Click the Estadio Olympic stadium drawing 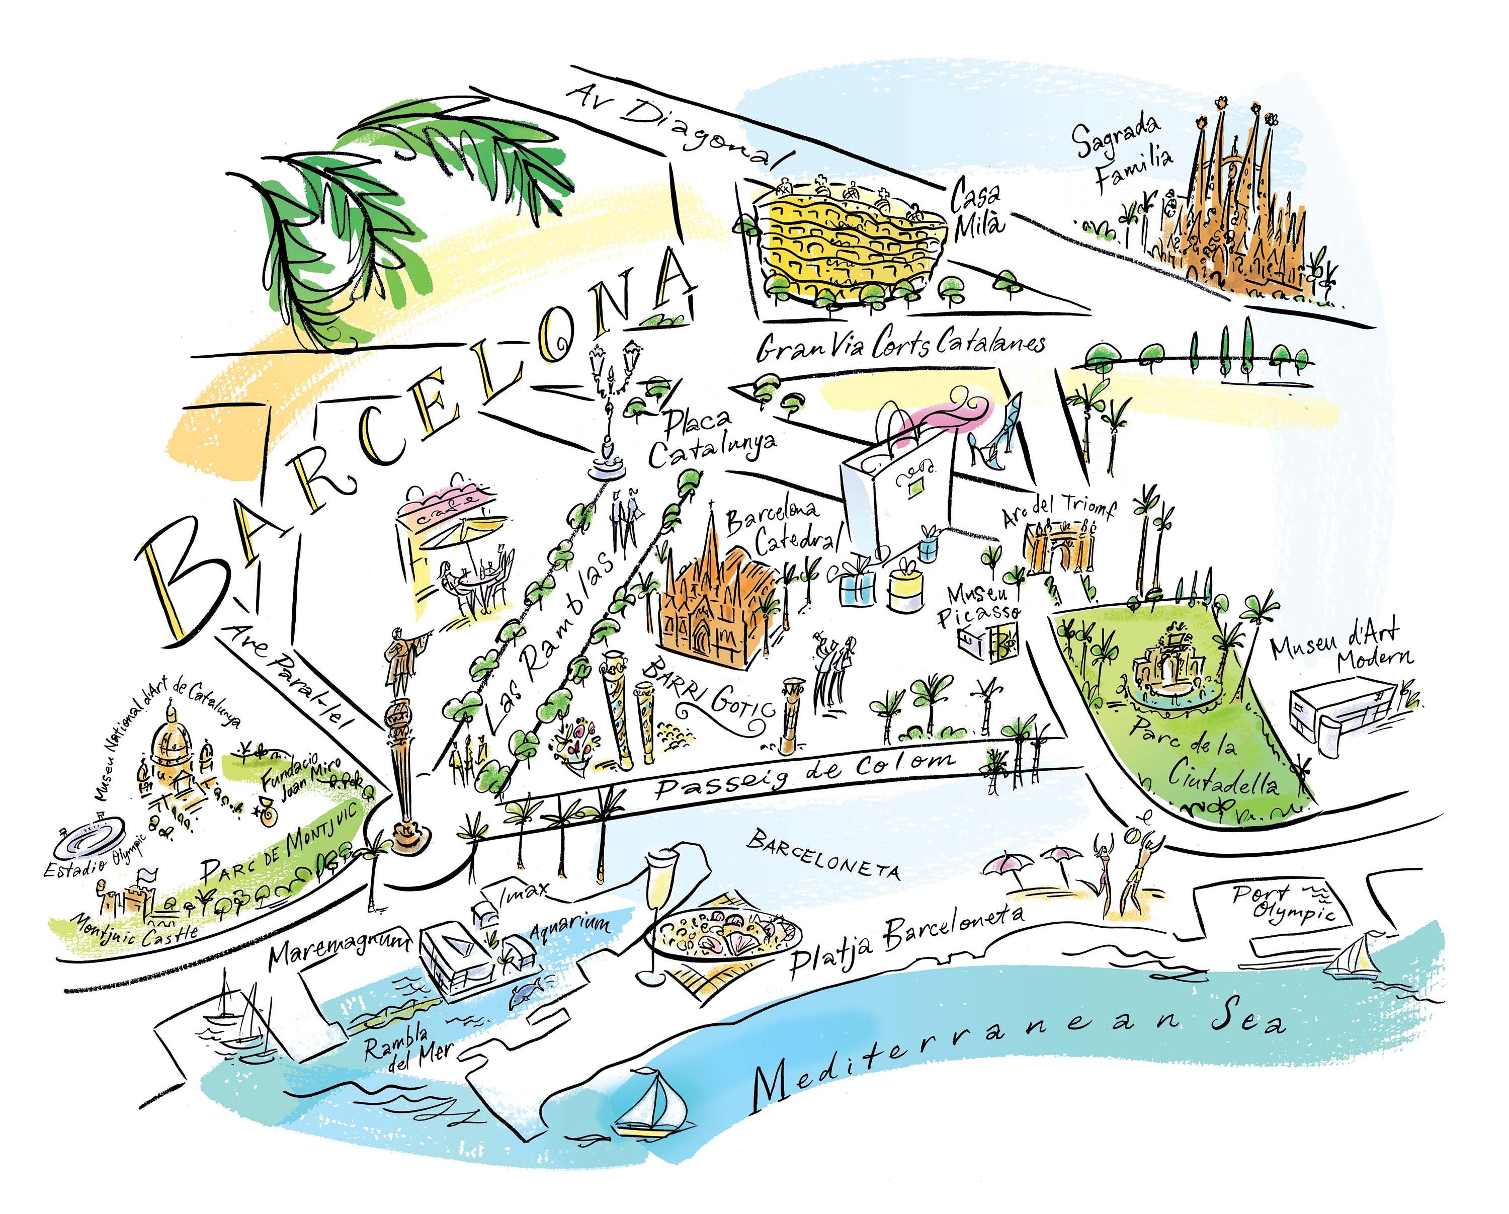click(91, 837)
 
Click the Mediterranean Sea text click(1015, 1050)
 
